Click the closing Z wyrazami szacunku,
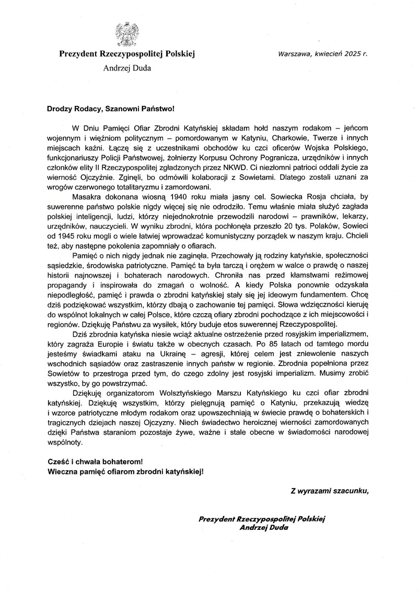(330, 491)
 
